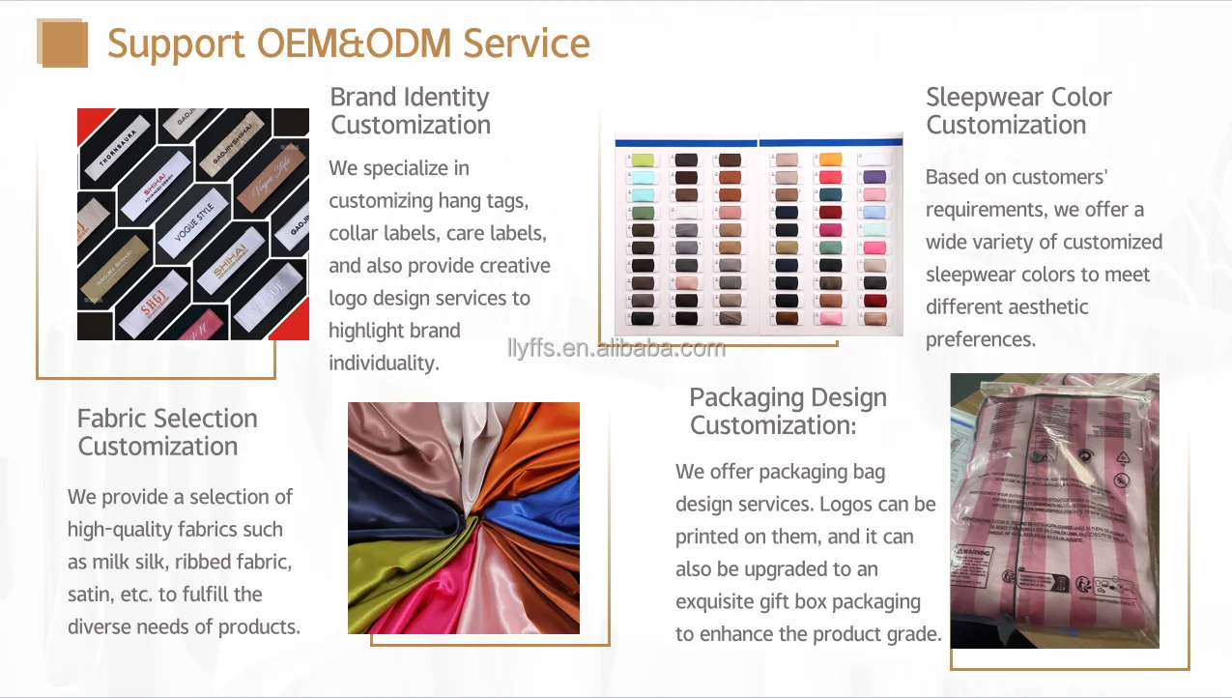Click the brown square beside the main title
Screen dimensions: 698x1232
pyautogui.click(x=64, y=44)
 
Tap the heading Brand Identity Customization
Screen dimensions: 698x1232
pyautogui.click(x=410, y=110)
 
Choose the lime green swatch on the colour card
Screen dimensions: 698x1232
pyautogui.click(x=642, y=160)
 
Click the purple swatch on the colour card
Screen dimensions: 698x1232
pyautogui.click(x=874, y=177)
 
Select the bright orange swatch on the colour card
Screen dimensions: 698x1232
pyautogui.click(x=830, y=160)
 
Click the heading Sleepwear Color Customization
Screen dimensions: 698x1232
pyautogui.click(x=1017, y=110)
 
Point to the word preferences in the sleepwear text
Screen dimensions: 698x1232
pyautogui.click(x=980, y=339)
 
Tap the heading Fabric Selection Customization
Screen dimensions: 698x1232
pyautogui.click(x=166, y=432)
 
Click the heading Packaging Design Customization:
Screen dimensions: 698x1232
pyautogui.click(x=787, y=411)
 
